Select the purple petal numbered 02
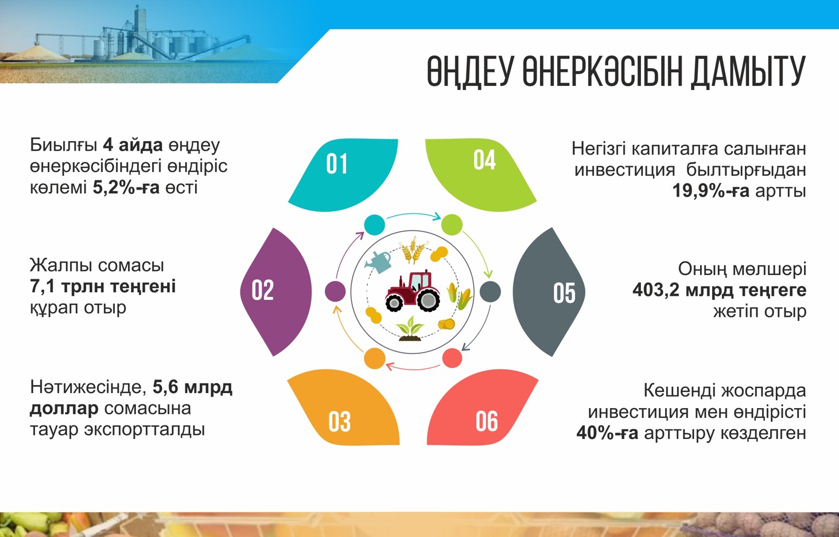pos(276,291)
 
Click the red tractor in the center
pos(413,291)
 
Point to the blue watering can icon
pos(379,261)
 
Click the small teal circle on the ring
pos(375,224)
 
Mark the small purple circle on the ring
pos(335,291)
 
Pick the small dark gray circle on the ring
pos(490,292)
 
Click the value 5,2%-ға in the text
pos(126,187)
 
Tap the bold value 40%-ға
pos(607,433)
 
